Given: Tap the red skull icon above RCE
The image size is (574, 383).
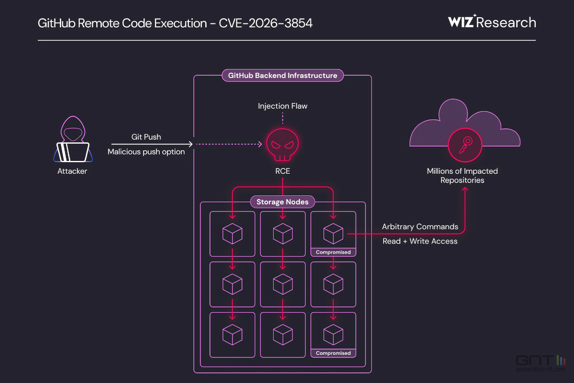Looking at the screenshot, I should click(x=283, y=144).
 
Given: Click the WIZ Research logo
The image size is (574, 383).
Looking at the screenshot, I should click(x=492, y=22).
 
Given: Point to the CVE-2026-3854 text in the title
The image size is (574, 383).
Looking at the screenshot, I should click(x=266, y=23).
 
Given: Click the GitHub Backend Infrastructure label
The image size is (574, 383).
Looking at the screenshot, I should click(x=283, y=76).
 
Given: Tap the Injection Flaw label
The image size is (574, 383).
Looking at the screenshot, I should click(x=283, y=106).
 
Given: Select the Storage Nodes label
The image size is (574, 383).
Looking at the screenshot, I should click(x=282, y=202).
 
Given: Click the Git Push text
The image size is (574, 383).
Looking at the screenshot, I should click(x=146, y=137).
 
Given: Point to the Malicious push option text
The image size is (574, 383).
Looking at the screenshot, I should click(x=146, y=152).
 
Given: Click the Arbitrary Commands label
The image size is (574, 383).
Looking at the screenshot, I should click(x=420, y=226).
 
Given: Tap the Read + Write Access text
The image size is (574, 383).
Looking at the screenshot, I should click(x=420, y=241).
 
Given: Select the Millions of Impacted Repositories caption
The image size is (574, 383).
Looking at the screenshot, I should click(x=463, y=176).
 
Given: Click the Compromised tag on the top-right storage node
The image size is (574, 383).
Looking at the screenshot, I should click(x=333, y=252).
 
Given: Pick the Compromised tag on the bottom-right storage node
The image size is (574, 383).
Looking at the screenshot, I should click(x=333, y=353).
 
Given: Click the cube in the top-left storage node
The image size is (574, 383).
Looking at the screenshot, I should click(x=232, y=233).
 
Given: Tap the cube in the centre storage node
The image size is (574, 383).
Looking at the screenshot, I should click(x=283, y=284).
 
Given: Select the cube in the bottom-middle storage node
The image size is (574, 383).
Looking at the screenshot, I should click(x=283, y=334).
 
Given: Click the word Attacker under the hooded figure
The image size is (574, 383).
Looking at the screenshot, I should click(x=72, y=171).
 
